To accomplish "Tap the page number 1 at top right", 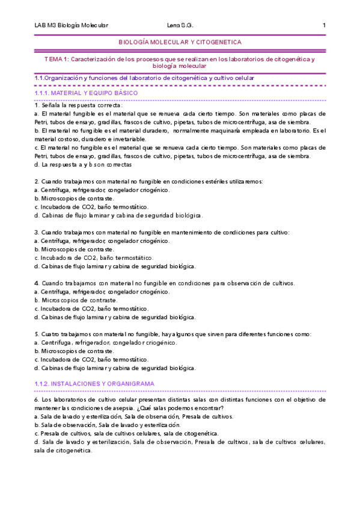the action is (324, 25).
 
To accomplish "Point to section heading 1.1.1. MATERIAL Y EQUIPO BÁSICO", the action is (86, 94).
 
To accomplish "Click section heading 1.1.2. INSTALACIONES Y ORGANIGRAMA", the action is (94, 383).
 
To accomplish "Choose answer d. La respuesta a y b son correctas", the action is (83, 164).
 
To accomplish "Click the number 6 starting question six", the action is (37, 399).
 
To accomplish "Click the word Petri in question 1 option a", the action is (41, 122).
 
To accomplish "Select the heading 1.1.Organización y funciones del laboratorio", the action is (144, 78).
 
